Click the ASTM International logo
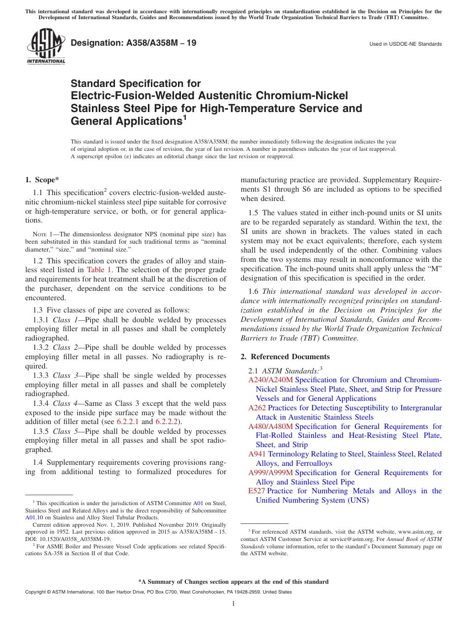46,47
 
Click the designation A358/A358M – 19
133,43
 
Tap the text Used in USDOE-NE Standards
406,44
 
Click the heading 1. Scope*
42,180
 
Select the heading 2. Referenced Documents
285,357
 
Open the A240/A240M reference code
270,380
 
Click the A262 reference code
257,408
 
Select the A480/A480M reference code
270,426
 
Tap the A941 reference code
257,454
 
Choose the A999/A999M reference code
270,473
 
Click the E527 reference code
257,491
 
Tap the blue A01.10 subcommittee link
32,517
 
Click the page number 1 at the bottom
233,604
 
